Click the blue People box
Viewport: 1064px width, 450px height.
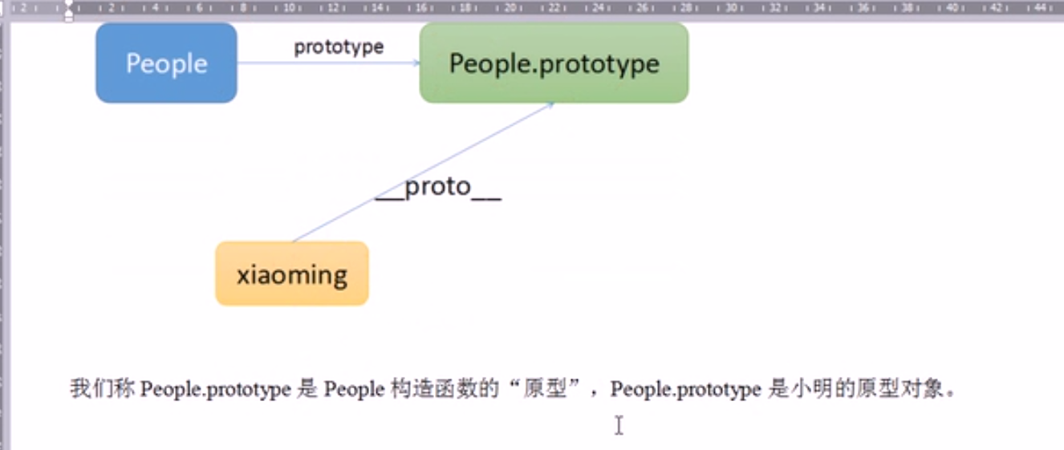166,63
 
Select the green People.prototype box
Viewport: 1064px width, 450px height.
554,63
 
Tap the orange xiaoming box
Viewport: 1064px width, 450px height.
292,274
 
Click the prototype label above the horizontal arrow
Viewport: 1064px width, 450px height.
339,47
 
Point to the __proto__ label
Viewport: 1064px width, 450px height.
438,188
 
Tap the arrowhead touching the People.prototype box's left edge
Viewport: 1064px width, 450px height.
415,63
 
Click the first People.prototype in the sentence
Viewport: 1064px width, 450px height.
215,390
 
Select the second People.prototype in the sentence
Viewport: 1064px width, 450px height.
685,390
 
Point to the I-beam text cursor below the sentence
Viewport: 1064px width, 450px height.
619,425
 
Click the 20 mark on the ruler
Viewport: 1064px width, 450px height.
509,8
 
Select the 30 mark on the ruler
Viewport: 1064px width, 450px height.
731,8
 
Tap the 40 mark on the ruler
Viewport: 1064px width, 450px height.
952,8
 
